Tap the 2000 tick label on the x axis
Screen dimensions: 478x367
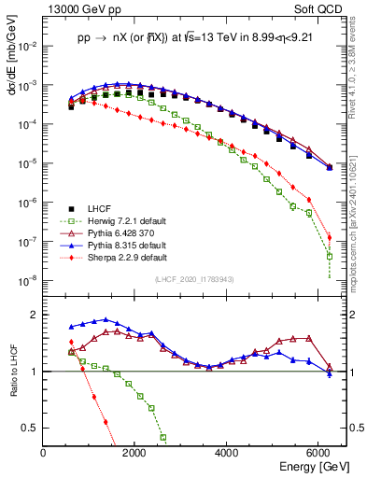coord(135,453)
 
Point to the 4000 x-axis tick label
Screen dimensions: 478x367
coord(228,453)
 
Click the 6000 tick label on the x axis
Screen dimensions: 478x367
coord(319,453)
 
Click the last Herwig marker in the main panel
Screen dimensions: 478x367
coord(330,255)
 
